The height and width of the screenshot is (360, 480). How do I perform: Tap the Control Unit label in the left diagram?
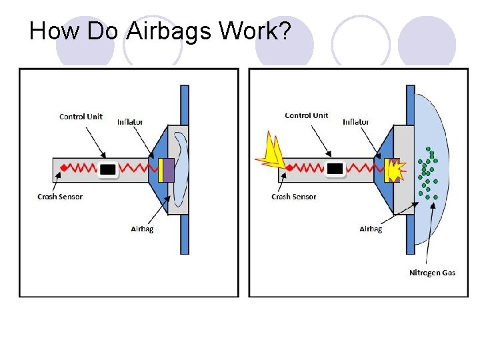[x=81, y=117]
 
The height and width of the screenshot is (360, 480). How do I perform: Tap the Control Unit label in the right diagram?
[x=307, y=115]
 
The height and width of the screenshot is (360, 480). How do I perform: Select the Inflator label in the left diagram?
[x=130, y=122]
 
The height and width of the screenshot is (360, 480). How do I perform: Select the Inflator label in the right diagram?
[x=356, y=122]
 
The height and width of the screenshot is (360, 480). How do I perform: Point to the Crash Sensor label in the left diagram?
[x=60, y=197]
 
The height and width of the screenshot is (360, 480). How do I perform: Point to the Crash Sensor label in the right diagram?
[x=293, y=197]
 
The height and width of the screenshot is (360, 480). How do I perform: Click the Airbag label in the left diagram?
[x=142, y=229]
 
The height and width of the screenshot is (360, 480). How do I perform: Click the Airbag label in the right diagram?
[x=371, y=229]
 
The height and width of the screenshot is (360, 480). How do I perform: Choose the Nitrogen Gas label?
[x=432, y=273]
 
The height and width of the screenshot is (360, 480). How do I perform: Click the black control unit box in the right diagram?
[x=335, y=169]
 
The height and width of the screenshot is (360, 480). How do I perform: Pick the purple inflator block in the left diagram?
[x=169, y=169]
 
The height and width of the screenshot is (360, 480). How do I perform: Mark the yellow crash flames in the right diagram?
[x=271, y=151]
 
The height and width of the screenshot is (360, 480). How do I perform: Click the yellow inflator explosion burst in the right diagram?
[x=396, y=171]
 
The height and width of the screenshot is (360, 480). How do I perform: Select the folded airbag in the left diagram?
[x=180, y=169]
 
